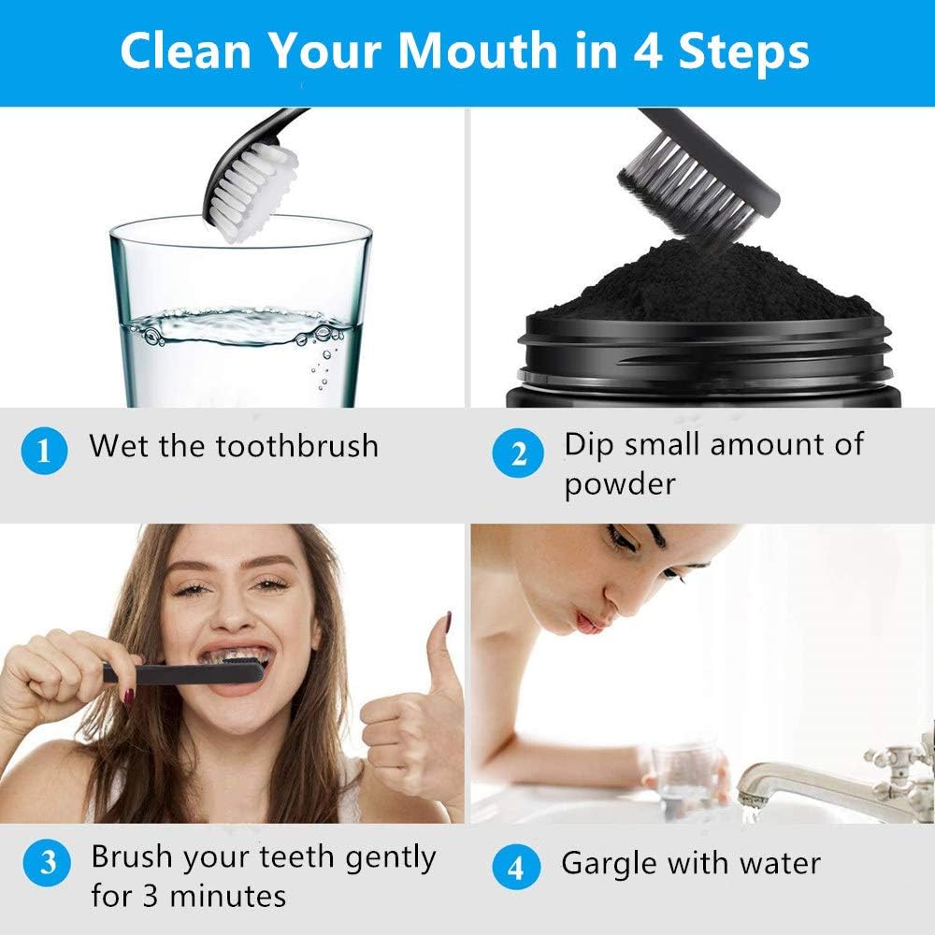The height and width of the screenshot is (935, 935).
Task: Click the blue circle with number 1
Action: pos(44,451)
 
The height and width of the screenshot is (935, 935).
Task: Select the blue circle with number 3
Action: pos(47,862)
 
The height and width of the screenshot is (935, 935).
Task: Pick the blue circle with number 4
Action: pos(516,867)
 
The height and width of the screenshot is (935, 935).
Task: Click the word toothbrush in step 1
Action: pos(296,445)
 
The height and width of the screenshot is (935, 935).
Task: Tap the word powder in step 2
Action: pos(620,484)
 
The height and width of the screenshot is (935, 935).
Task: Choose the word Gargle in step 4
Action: pos(610,864)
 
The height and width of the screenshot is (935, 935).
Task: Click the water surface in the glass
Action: pos(238,325)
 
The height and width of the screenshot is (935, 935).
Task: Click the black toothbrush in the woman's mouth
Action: pos(183,672)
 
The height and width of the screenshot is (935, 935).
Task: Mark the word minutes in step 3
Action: pos(228,896)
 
